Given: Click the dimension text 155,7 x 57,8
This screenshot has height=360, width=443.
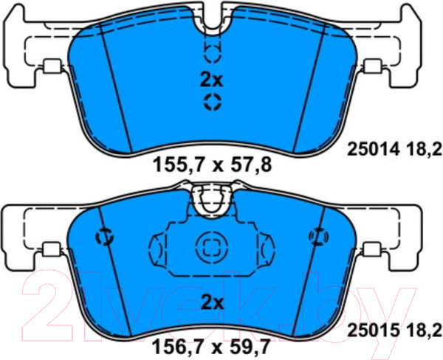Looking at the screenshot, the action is click(x=212, y=165).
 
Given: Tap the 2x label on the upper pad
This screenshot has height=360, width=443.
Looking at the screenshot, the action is click(x=212, y=80).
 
